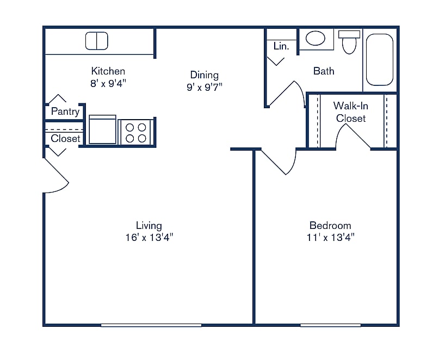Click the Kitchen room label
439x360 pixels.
point(108,71)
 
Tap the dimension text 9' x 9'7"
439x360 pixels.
point(205,86)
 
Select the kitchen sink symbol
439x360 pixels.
point(96,41)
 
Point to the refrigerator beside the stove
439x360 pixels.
point(102,130)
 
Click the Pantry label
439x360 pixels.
point(65,111)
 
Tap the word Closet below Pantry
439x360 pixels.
point(65,139)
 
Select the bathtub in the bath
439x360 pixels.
point(379,60)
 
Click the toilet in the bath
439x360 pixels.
point(349,42)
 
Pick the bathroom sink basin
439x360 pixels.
point(315,38)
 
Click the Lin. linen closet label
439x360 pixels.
point(281,46)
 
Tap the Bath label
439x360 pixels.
point(324,71)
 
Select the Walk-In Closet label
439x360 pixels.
point(350,112)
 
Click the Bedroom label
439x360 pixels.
point(330,226)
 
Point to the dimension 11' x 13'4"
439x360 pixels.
point(330,237)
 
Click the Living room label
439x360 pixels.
point(149,226)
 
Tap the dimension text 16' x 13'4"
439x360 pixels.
point(149,237)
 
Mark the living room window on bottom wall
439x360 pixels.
point(151,325)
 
